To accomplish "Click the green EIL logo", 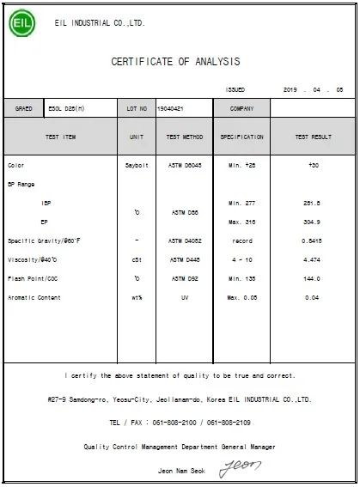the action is [22, 22].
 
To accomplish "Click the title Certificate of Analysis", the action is [175, 62].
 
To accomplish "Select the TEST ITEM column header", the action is [60, 137].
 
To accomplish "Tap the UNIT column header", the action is [136, 137].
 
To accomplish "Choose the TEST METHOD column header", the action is [185, 137].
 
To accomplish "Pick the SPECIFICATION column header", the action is [242, 137].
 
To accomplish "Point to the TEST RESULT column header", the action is [313, 137].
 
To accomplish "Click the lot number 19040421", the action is [170, 109].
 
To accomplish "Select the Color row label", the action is [16, 165].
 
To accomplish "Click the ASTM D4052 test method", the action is [185, 240].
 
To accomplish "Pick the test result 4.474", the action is [313, 259].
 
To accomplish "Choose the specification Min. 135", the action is [242, 278].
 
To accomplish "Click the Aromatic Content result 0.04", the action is [313, 297].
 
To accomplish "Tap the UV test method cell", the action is [185, 297].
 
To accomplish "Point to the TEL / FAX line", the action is [180, 423].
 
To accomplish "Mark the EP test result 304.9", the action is [313, 221].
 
